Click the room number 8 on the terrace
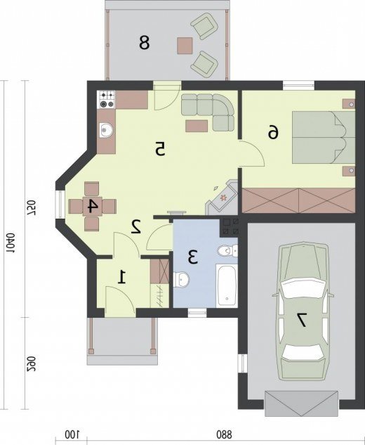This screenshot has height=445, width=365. pos(144,42)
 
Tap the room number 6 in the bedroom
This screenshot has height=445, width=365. pos(273,133)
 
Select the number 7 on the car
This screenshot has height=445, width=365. pos(300,320)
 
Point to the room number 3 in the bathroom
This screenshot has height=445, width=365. pos(192,257)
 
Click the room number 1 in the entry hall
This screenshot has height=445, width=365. pos(122,277)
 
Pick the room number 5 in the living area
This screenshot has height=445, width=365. pos(160,149)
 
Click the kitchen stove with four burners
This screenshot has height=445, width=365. pos(107,99)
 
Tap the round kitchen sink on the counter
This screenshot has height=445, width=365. pos(107,131)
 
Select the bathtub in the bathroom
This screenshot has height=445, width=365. pos(227,285)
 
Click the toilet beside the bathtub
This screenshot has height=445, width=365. pos(227,250)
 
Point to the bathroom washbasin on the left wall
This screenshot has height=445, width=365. pos(180,279)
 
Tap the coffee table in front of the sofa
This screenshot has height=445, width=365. pos(197,126)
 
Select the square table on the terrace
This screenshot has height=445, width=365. pos(185,46)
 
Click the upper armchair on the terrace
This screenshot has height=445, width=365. pos(204,26)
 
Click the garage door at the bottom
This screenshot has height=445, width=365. pos(301,404)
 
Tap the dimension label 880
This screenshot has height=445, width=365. pos(224,434)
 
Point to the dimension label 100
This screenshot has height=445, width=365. pos(72,434)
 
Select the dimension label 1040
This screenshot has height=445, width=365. pos(11,243)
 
